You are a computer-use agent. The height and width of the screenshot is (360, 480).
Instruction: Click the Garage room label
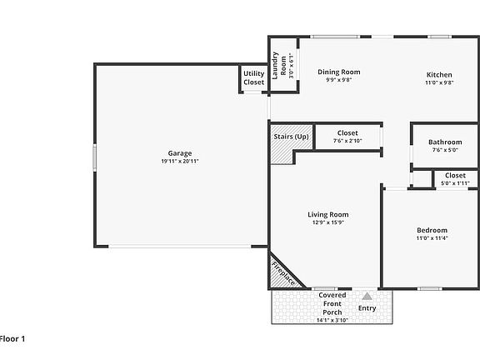[x=180, y=153]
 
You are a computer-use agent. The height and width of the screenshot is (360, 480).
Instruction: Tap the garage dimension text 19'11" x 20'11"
[x=180, y=162]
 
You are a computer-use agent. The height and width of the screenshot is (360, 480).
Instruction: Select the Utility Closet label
[x=253, y=78]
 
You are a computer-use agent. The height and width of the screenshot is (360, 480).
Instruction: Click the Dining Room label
[x=339, y=72]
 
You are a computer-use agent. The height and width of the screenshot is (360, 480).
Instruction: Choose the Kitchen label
[x=438, y=72]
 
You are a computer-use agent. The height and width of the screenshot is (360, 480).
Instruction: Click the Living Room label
[x=327, y=214]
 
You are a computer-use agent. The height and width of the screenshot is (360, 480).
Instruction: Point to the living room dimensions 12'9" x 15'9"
[x=327, y=222]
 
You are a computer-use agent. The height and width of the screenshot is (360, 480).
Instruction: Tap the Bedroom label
[x=432, y=230]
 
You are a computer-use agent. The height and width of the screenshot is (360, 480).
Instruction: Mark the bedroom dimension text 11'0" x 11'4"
[x=432, y=239]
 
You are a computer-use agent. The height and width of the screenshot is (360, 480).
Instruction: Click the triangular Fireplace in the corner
[x=279, y=273]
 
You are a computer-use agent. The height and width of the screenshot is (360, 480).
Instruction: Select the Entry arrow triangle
[x=367, y=296]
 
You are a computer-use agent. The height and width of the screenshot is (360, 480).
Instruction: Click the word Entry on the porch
[x=367, y=308]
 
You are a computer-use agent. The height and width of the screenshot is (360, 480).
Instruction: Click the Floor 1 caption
[x=12, y=338]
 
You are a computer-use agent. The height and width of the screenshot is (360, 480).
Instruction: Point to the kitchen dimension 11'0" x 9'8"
[x=438, y=82]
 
